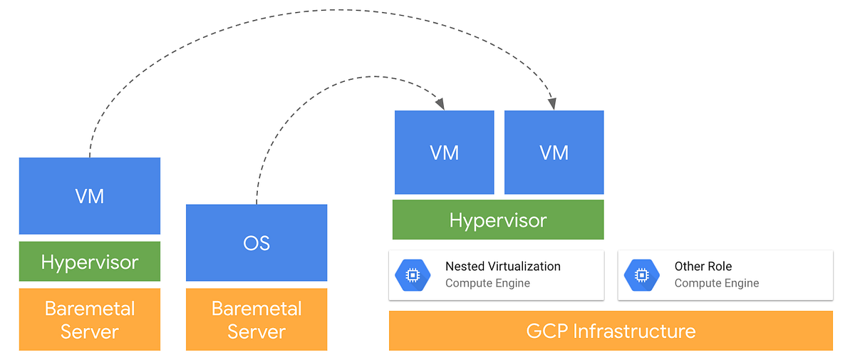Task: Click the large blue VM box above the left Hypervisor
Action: tap(90, 195)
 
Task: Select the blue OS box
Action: tap(256, 242)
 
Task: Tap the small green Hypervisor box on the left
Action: tap(90, 262)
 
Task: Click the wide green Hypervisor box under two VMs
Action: tap(498, 220)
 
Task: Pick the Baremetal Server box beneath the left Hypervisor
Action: tap(90, 319)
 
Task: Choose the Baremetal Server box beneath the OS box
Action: tap(256, 319)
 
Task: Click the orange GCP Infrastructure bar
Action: tap(611, 331)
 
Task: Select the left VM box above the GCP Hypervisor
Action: tap(444, 153)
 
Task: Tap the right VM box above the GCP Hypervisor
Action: tap(554, 153)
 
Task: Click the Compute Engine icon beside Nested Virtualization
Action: tap(413, 275)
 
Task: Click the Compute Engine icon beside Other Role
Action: tap(642, 275)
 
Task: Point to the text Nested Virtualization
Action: tap(502, 267)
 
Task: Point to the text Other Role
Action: tap(703, 267)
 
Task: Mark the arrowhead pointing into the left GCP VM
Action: tap(440, 105)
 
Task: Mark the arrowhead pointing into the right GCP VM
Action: tap(552, 105)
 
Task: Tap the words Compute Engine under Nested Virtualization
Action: tap(487, 284)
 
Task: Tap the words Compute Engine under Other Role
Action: tap(716, 284)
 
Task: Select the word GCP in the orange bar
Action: tap(547, 331)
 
